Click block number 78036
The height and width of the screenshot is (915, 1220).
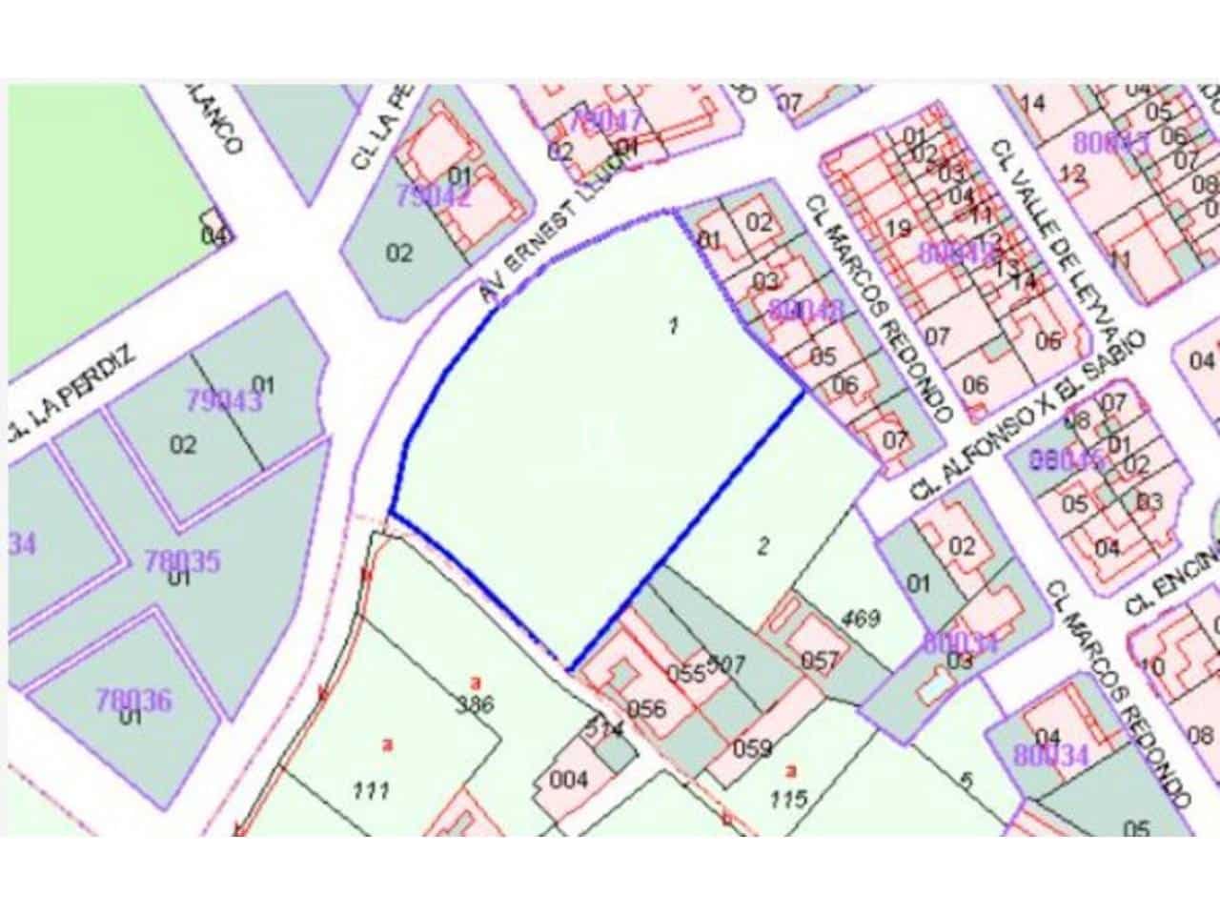(x=133, y=701)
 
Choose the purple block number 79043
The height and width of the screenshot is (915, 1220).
(x=223, y=401)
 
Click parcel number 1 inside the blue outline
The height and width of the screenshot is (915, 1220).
(x=674, y=326)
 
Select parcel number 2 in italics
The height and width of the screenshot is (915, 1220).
(x=762, y=545)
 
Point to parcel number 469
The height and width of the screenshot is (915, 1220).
(x=860, y=617)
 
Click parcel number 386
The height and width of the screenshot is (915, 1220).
(x=475, y=705)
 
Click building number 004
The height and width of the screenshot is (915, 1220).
(x=569, y=780)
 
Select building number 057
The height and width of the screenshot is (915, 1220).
(x=820, y=660)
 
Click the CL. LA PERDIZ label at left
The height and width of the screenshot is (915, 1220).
(x=71, y=392)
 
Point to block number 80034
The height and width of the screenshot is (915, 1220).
(x=1050, y=756)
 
